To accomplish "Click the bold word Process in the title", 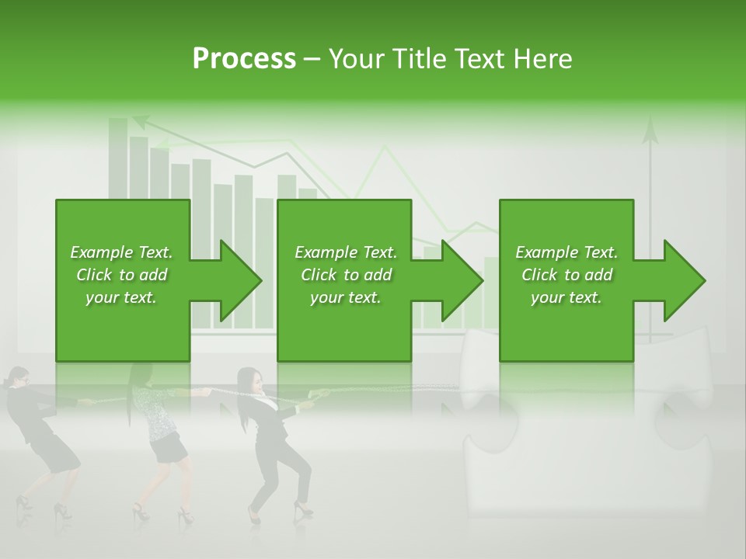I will (244, 59).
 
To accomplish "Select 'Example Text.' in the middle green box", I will (345, 252).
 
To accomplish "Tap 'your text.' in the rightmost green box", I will (566, 297).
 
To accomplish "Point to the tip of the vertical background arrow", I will (650, 124).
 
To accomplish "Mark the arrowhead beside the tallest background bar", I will (141, 121).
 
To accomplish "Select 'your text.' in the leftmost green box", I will (121, 297).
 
